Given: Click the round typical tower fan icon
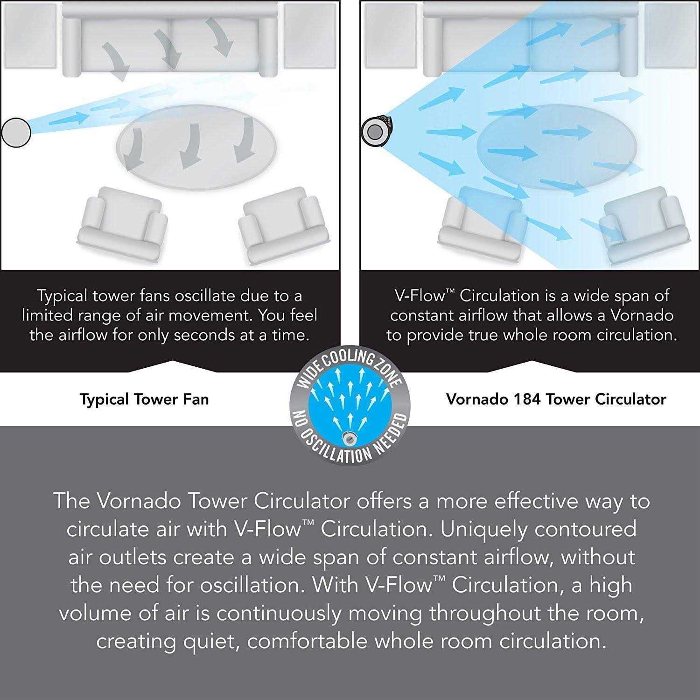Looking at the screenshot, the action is [16, 133].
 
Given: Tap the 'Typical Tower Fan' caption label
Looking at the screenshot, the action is [144, 399].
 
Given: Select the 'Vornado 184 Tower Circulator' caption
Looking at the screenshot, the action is [556, 399].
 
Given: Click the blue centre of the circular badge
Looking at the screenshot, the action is [350, 405].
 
